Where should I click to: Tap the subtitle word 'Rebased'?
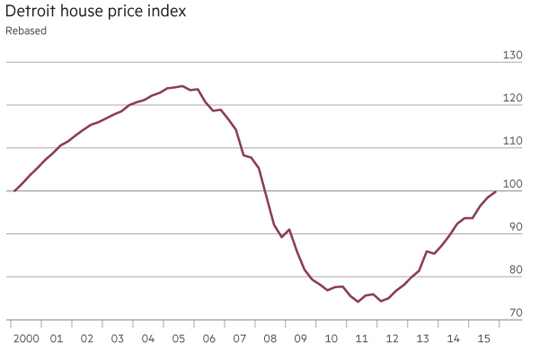tap(26, 31)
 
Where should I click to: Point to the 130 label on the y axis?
tap(513, 56)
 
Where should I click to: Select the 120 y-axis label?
tap(513, 98)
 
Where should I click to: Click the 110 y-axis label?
tap(513, 141)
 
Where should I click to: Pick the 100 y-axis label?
tap(513, 184)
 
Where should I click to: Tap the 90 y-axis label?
tap(515, 227)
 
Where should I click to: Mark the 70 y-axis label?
tap(515, 312)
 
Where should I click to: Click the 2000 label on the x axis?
tap(26, 338)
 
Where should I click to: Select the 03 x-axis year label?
tap(117, 338)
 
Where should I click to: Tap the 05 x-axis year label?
tap(179, 338)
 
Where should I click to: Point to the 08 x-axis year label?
tap(270, 338)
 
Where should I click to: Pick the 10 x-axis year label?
tap(331, 338)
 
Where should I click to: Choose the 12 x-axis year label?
tap(392, 338)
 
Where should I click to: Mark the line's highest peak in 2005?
tap(182, 86)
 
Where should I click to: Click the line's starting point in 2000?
tap(14, 191)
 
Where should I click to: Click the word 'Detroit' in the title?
tap(33, 12)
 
